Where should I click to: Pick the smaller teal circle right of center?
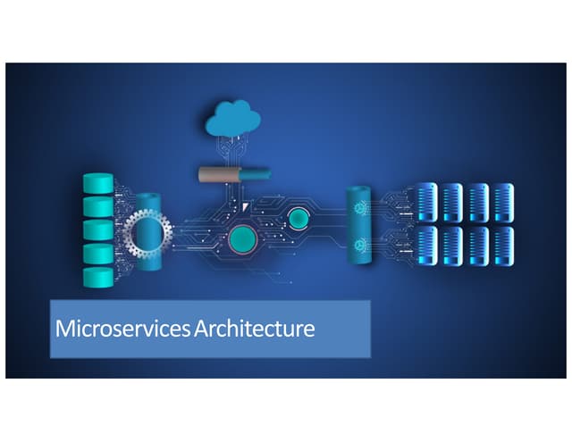click(x=297, y=217)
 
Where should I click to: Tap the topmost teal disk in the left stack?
click(x=97, y=184)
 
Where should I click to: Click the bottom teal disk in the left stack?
click(x=97, y=278)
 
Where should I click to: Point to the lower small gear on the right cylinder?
click(x=361, y=244)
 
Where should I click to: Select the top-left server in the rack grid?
click(x=426, y=203)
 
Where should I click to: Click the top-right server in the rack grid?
click(x=504, y=203)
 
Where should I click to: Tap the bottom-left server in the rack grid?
click(x=426, y=246)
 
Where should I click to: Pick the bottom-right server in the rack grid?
click(x=504, y=246)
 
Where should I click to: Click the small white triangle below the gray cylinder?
click(x=247, y=206)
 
